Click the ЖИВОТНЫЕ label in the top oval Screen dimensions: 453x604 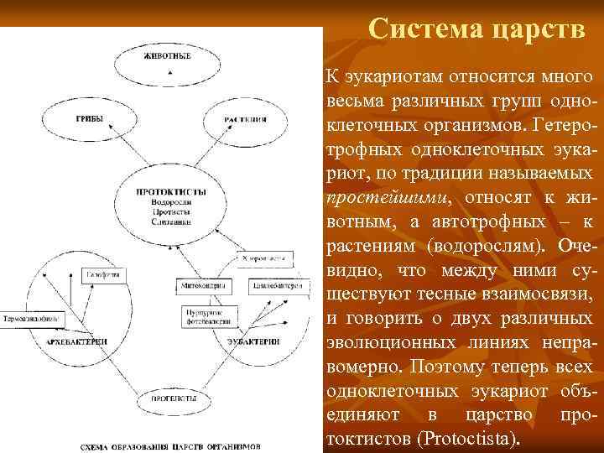(168, 56)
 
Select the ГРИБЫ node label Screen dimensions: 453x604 (91, 119)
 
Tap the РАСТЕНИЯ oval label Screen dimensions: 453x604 (246, 120)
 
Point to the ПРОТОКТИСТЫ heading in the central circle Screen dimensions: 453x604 (172, 192)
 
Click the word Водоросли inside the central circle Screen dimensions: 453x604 (172, 203)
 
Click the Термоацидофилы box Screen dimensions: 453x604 (30, 320)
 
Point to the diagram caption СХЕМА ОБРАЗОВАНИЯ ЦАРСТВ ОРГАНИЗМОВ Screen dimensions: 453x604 (170, 445)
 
